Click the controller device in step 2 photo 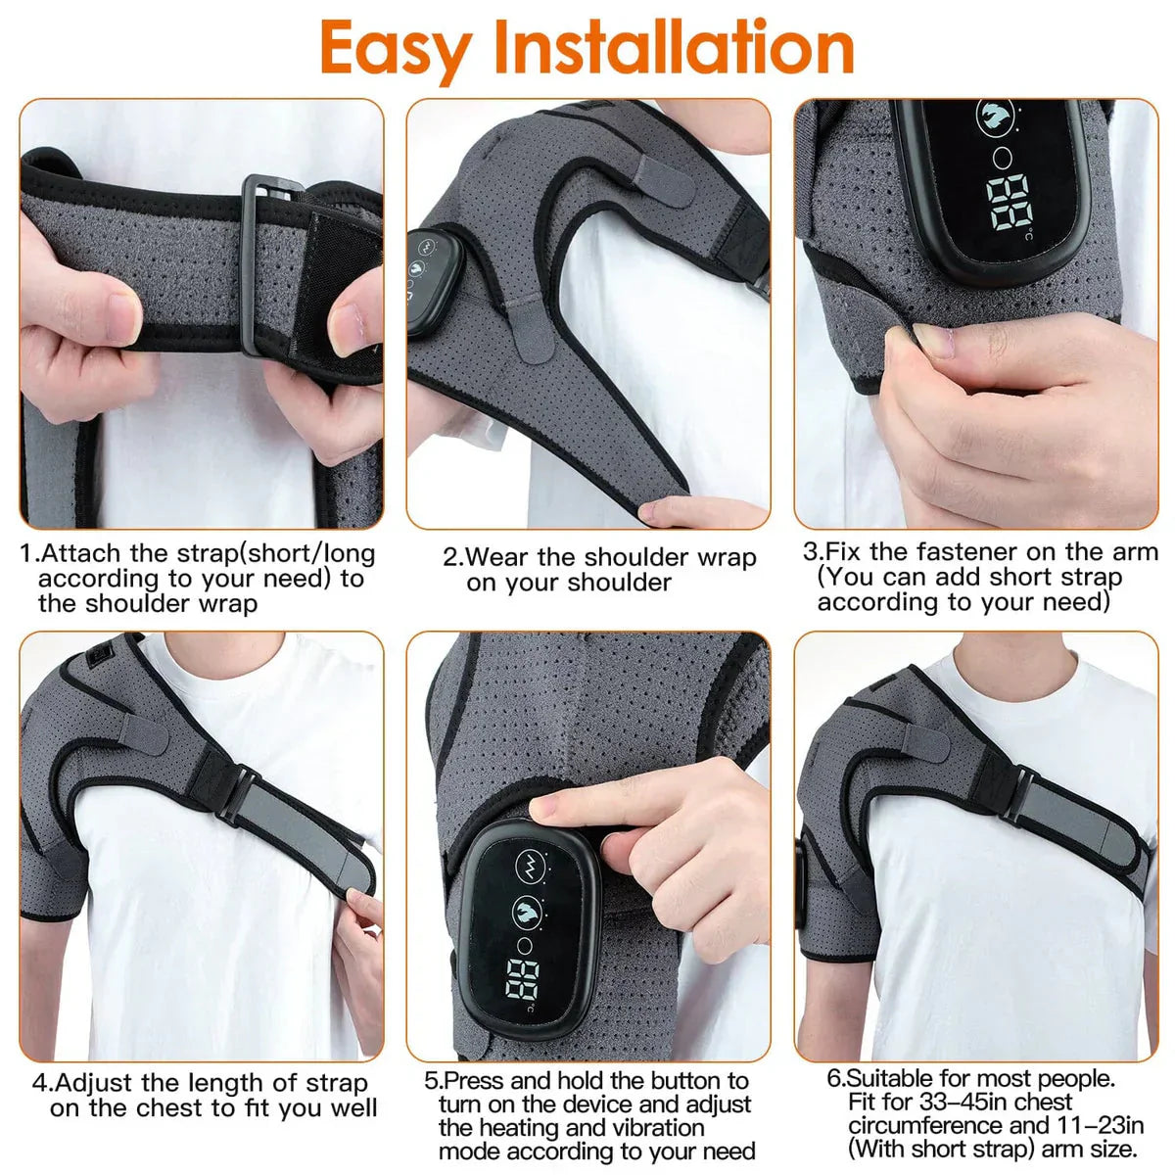point(434,282)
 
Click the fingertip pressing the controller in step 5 point(541,809)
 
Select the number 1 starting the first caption point(26,554)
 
